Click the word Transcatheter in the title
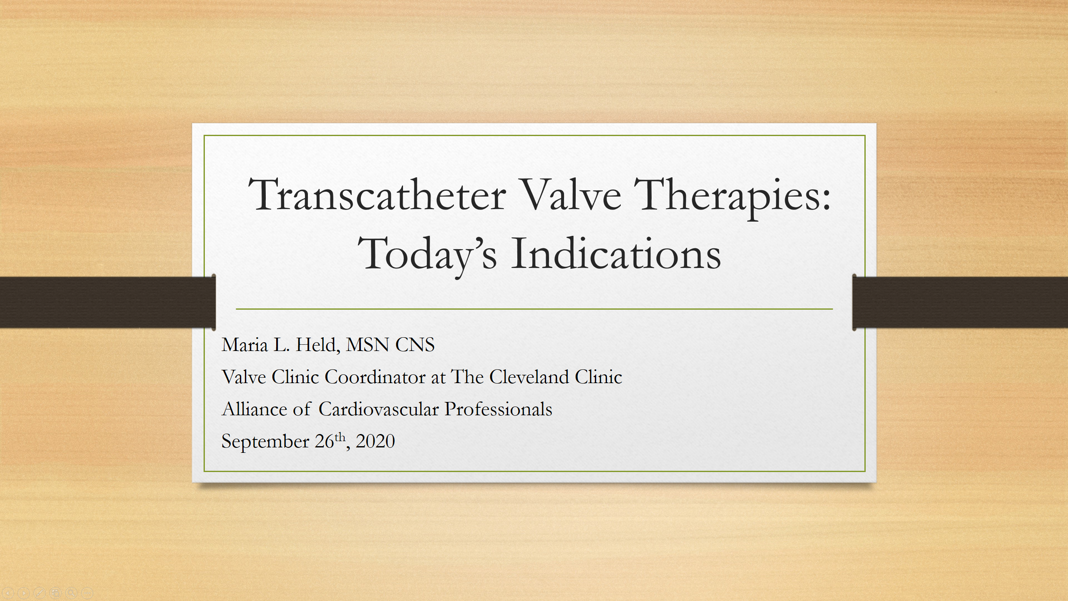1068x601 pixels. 378,194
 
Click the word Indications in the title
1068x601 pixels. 616,253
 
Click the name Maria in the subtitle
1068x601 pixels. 244,345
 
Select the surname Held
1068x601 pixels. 317,345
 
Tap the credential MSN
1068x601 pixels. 368,345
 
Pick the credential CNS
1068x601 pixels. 415,345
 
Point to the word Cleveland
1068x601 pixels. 529,377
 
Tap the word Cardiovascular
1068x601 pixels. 378,409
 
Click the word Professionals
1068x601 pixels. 498,409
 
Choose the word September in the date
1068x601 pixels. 265,442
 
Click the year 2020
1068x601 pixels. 375,441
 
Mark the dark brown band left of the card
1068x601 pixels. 108,302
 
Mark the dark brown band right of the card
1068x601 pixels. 960,302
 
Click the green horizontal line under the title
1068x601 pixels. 534,309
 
